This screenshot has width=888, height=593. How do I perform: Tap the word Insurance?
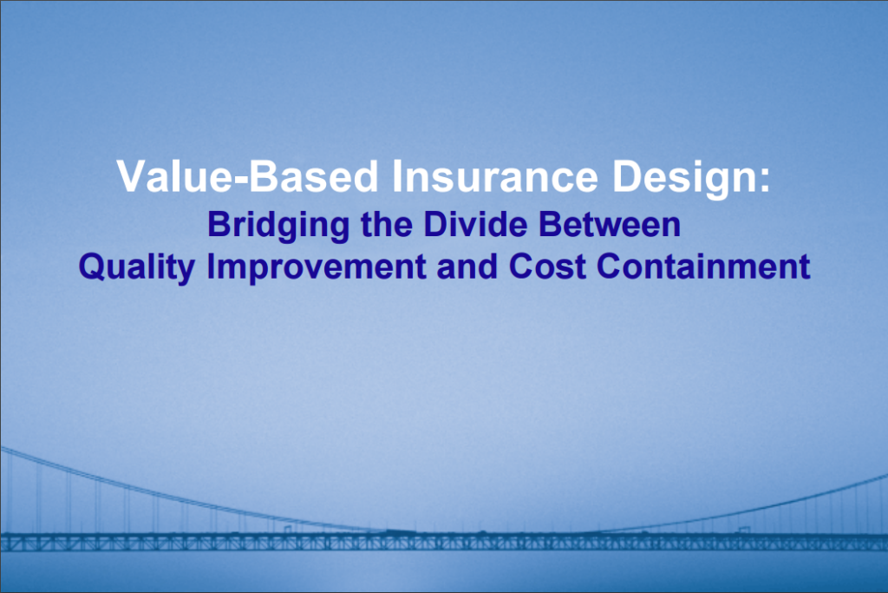tap(495, 176)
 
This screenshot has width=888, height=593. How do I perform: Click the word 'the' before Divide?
tap(386, 224)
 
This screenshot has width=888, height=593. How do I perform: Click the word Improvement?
tap(317, 267)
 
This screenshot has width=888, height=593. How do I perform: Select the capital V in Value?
tap(130, 176)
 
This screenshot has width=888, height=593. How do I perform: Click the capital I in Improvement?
tap(211, 266)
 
